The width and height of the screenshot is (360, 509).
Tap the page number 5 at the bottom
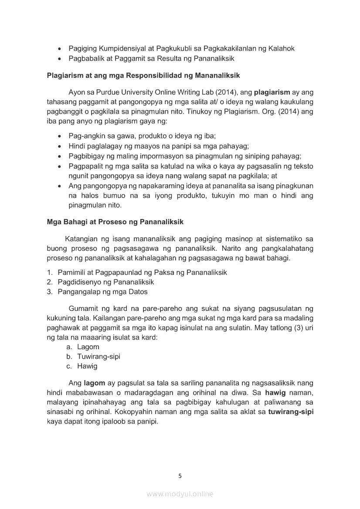tap(180, 476)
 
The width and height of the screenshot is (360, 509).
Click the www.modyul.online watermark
tap(180, 494)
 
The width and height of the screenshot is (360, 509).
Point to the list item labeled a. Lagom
tap(83, 347)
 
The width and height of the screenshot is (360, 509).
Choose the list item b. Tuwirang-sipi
tap(93, 357)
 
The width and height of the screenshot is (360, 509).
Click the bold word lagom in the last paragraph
tap(95, 383)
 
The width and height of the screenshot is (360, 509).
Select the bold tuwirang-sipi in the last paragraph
tap(291, 412)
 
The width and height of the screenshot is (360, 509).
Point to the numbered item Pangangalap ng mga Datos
tap(102, 292)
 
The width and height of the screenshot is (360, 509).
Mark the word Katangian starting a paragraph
tap(80, 239)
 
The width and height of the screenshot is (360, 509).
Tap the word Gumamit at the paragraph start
tap(84, 309)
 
